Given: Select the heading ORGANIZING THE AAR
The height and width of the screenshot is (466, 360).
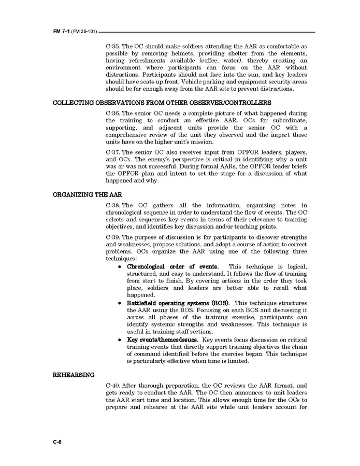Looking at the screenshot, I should click(87, 195).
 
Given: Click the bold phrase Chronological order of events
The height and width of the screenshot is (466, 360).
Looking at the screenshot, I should click(169, 266).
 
